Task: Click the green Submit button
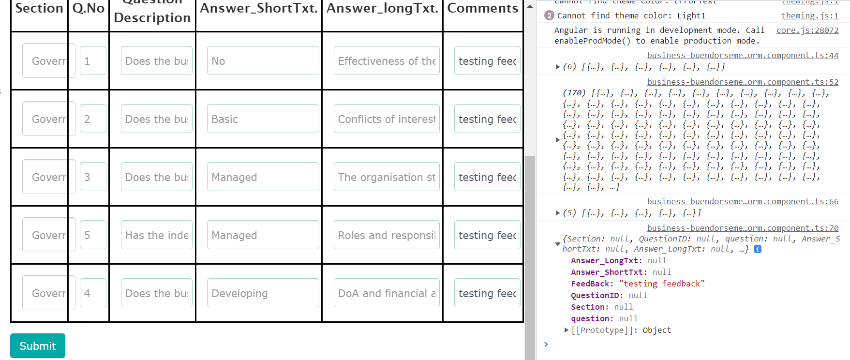[x=38, y=346]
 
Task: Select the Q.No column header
[x=89, y=9]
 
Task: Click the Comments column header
[x=482, y=9]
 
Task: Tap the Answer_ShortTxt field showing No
[x=263, y=61]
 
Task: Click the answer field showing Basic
[x=263, y=119]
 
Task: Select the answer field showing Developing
[x=263, y=293]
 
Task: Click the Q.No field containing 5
[x=93, y=235]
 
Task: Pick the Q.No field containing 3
[x=93, y=177]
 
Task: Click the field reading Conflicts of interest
[x=387, y=119]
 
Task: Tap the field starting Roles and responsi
[x=387, y=235]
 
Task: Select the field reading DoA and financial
[x=387, y=293]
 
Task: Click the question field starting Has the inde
[x=156, y=235]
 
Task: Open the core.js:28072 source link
[x=807, y=30]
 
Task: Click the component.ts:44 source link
[x=743, y=55]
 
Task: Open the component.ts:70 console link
[x=743, y=228]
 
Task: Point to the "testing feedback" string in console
[x=661, y=284]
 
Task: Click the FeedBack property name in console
[x=590, y=284]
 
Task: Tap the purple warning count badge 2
[x=549, y=15]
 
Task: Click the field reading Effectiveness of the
[x=387, y=61]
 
